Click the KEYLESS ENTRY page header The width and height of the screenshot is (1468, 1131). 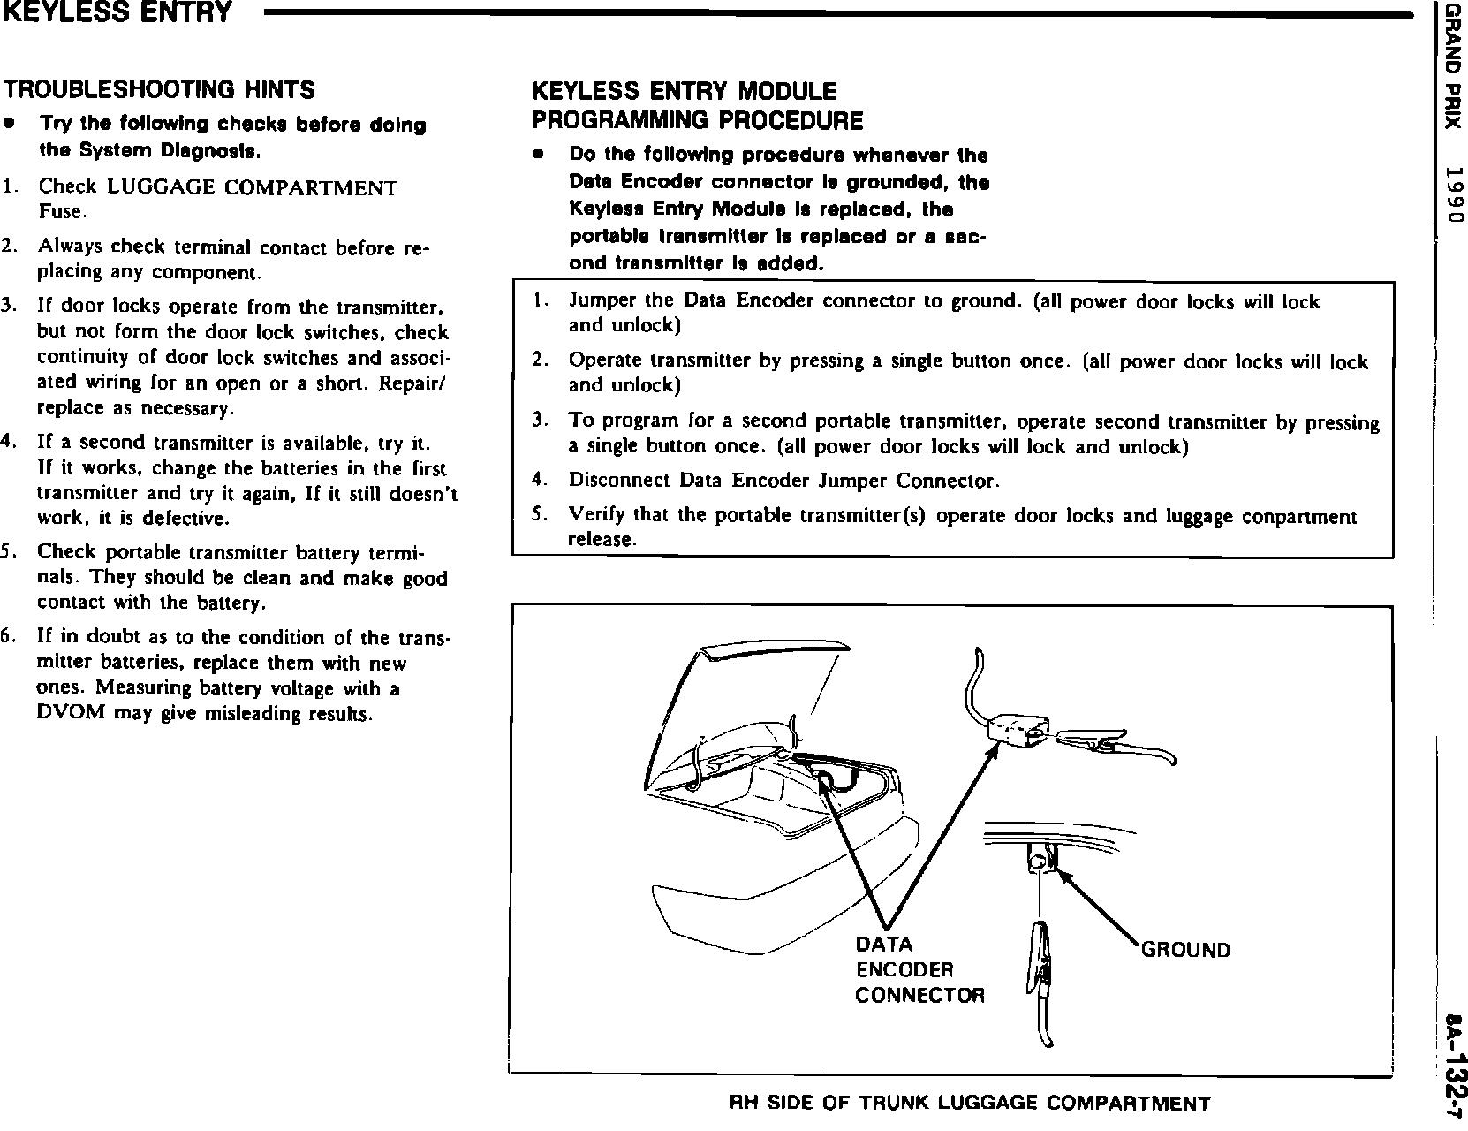pyautogui.click(x=117, y=13)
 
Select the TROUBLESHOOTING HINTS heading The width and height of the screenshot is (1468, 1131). pyautogui.click(x=160, y=89)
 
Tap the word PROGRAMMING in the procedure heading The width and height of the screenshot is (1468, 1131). pyautogui.click(x=622, y=120)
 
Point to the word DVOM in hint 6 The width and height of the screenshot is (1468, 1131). pyautogui.click(x=71, y=713)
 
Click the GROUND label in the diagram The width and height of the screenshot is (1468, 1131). pyautogui.click(x=1185, y=950)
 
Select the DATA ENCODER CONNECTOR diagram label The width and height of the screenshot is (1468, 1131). pyautogui.click(x=919, y=969)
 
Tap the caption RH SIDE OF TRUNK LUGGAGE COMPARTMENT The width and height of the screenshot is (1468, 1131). pyautogui.click(x=970, y=1103)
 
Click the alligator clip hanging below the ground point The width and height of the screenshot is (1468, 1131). pyautogui.click(x=1041, y=980)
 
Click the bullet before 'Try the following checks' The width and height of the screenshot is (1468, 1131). pyautogui.click(x=9, y=124)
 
